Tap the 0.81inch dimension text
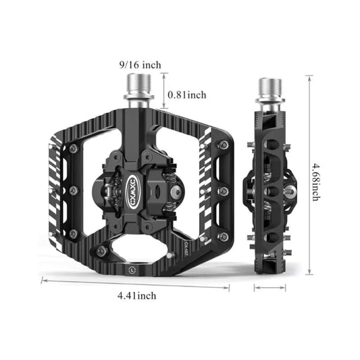(186, 95)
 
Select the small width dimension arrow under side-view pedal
(271, 287)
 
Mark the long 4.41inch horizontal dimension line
(135, 282)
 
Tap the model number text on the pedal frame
(186, 243)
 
